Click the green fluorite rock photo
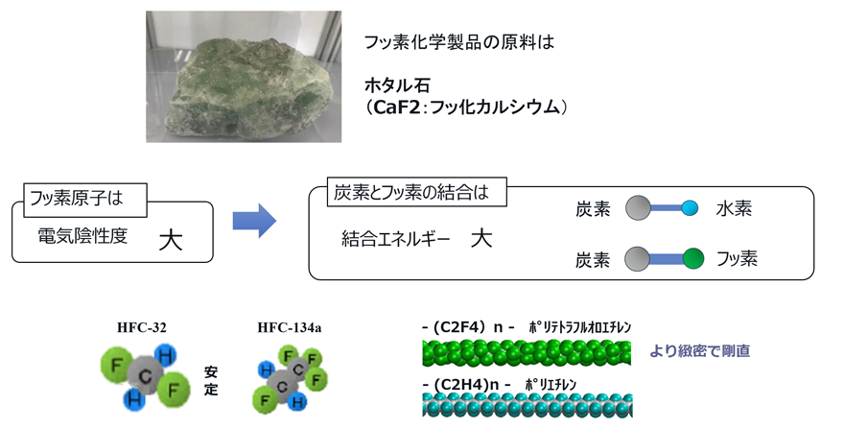(x=244, y=77)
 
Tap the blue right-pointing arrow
(x=254, y=221)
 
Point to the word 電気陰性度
(x=82, y=236)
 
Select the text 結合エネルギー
(x=395, y=239)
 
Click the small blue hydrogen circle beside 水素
(x=690, y=208)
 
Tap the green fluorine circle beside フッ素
(x=693, y=259)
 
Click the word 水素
(x=734, y=208)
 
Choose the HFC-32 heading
(x=142, y=327)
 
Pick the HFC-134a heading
(x=289, y=327)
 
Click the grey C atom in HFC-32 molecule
(x=144, y=375)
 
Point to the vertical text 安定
(x=211, y=381)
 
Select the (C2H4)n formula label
(x=466, y=385)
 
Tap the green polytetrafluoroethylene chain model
(x=527, y=353)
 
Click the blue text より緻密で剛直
(x=699, y=351)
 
